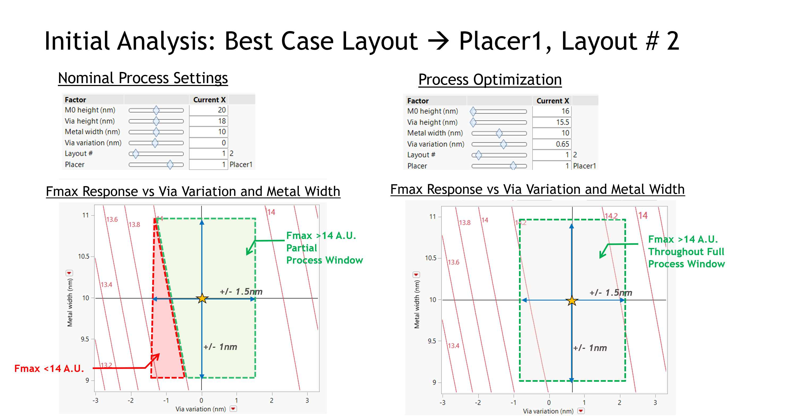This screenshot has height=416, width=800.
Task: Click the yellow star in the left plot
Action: tap(202, 298)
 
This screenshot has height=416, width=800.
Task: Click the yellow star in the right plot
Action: tap(572, 301)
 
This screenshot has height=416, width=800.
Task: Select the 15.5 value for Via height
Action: tap(562, 122)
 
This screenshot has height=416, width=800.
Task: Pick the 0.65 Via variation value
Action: tap(562, 144)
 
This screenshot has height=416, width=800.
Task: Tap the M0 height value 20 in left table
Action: tap(222, 110)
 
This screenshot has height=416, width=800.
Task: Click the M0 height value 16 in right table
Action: tap(565, 111)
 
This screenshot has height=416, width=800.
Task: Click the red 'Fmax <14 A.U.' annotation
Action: tap(49, 368)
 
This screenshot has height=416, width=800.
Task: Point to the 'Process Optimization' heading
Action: tap(490, 80)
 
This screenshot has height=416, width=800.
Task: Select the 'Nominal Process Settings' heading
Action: tap(143, 78)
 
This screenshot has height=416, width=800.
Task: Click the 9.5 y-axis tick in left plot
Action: tap(85, 339)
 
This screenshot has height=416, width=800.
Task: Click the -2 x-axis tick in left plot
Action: tap(131, 401)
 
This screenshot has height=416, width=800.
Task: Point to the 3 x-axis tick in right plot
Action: tap(655, 403)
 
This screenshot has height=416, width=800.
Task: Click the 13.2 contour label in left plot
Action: tap(106, 365)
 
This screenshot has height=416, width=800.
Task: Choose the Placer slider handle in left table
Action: tap(170, 165)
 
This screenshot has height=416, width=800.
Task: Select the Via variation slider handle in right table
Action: tap(503, 144)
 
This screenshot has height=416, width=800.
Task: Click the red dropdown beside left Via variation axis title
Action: tap(233, 409)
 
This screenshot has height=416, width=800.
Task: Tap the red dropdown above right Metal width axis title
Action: tap(416, 275)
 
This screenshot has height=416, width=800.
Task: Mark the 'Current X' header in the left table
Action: tap(209, 100)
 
